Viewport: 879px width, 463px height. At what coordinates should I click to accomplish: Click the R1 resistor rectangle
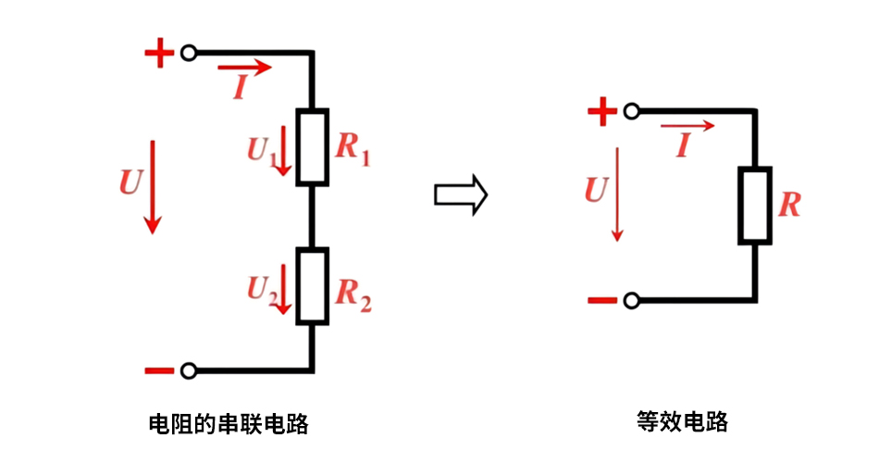click(312, 147)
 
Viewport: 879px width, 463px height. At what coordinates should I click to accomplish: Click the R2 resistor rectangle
click(312, 285)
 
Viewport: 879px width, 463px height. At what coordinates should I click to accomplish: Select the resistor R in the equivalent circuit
click(754, 206)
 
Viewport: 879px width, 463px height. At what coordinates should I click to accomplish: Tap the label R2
click(353, 294)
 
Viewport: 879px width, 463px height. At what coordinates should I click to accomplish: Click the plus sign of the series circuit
click(159, 54)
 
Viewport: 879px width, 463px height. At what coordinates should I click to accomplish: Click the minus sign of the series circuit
click(159, 371)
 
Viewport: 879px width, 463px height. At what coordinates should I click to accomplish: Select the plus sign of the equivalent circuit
click(601, 113)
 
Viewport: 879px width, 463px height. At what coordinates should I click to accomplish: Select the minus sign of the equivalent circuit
click(601, 300)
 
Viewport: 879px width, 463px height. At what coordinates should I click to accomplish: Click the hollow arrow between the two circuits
click(460, 194)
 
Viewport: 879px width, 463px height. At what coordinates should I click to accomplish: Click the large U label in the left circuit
click(130, 182)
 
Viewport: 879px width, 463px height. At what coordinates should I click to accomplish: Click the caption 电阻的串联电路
click(229, 425)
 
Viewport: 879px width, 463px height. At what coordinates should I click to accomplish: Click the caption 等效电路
click(683, 422)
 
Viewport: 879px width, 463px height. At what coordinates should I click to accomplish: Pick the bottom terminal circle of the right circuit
click(631, 300)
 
